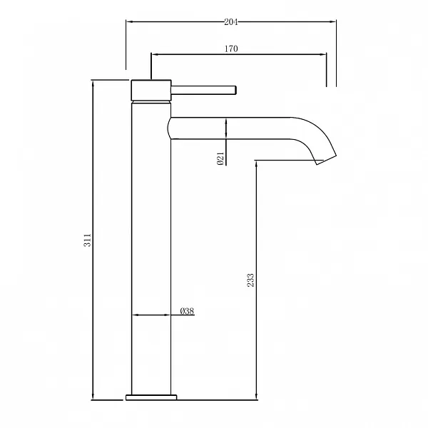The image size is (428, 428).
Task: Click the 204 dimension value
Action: coord(231,22)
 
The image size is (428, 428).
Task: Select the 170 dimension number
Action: coord(231,49)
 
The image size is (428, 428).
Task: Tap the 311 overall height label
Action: coord(87,240)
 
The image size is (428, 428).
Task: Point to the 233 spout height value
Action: coord(250,280)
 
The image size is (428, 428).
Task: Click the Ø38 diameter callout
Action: coord(187,311)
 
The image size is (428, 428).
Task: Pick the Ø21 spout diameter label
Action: coord(220,158)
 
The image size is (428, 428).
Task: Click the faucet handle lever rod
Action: coord(203,90)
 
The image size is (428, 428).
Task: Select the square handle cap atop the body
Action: coord(151,90)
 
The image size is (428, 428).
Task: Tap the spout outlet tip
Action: coord(327,160)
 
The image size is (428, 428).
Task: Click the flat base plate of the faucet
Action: coord(151,397)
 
